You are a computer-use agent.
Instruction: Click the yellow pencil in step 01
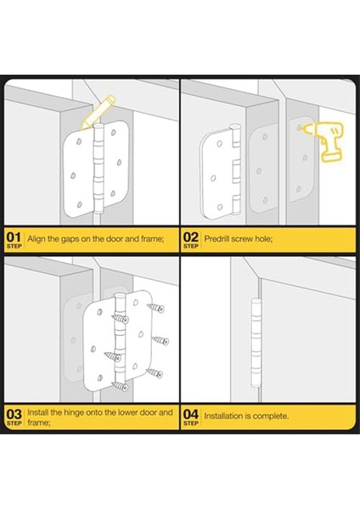coord(98,112)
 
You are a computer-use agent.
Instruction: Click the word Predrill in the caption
coord(217,239)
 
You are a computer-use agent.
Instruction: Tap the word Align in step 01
coord(37,239)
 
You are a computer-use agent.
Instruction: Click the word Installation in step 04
coord(224,416)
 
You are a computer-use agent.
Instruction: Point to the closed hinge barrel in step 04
coord(256,343)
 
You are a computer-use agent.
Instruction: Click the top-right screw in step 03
coord(155,308)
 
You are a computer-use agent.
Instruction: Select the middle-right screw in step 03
coord(160,341)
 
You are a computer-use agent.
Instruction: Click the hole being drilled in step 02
coord(299,128)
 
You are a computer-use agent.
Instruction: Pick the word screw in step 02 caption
coord(242,239)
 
